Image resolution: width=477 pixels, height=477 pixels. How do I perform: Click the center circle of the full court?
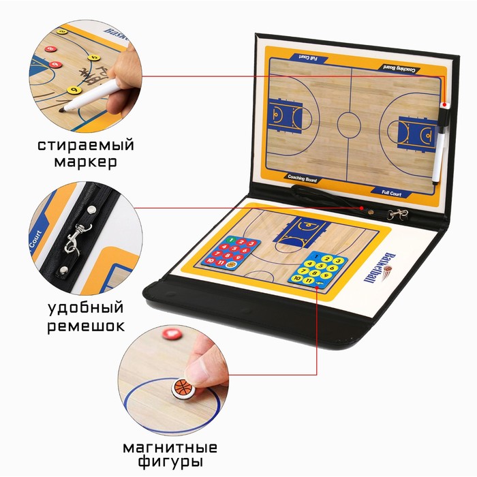(x=349, y=124)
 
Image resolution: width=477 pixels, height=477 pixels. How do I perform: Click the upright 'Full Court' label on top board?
(x=393, y=194)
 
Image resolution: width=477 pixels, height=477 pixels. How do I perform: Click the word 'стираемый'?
(x=86, y=145)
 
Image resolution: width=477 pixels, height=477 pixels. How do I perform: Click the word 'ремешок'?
(x=86, y=326)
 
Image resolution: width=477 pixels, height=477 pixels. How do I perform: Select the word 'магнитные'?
(x=170, y=448)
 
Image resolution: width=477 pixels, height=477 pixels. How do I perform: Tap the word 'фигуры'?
(x=170, y=464)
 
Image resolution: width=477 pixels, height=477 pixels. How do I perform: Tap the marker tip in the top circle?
(x=63, y=109)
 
